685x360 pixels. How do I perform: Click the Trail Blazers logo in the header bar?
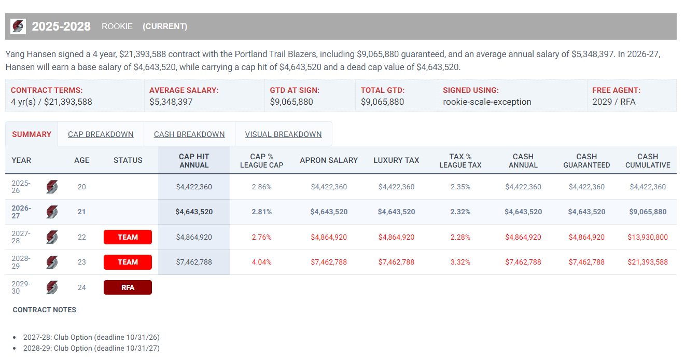coord(18,26)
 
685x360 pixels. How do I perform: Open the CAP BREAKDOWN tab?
coord(101,134)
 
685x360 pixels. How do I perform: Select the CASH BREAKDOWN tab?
coord(189,134)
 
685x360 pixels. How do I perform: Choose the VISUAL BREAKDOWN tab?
coord(283,134)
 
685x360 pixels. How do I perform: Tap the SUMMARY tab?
coord(32,134)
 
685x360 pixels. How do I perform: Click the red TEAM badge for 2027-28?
coord(128,237)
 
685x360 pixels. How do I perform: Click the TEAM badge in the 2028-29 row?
coord(128,262)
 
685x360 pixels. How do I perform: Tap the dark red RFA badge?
coord(128,287)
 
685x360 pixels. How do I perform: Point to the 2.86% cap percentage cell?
coord(262,187)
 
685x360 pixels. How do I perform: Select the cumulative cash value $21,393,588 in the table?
coord(648,262)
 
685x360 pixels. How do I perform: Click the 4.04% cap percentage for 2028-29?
coord(262,262)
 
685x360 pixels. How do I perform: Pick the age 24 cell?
coord(81,287)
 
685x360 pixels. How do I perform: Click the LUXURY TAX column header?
coord(396,160)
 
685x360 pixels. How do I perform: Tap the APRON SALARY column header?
coord(329,160)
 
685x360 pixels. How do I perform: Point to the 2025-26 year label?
coord(21,187)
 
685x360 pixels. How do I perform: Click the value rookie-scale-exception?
coord(487,102)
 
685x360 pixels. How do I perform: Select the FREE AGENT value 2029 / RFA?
coord(614,102)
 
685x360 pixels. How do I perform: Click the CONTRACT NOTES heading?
coord(45,310)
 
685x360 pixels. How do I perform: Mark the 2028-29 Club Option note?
coord(91,349)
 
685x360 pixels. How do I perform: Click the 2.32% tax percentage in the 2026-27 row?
coord(460,212)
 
